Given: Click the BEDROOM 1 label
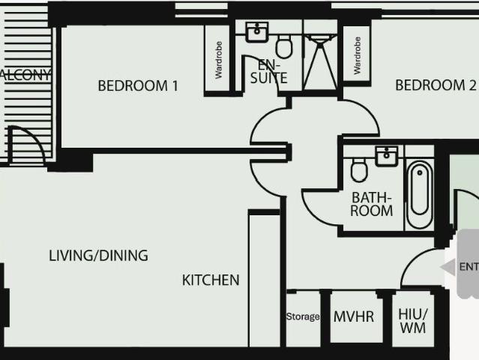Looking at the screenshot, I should coord(138,85).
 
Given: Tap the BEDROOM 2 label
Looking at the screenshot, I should coord(436,85).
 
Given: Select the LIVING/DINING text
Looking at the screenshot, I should coord(98,256).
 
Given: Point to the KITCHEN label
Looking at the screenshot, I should coord(211,280).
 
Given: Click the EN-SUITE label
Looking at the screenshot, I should coord(264,70).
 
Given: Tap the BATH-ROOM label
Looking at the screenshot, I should coord(372,204).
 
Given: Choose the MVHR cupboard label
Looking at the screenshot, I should coord(353,316).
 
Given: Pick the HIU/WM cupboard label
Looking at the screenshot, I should coord(412,320).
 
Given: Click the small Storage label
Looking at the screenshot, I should coord(303,316).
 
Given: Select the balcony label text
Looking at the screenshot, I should coord(25,75).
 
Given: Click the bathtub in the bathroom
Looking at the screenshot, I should coord(418,194).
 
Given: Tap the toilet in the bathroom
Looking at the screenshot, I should coord(359,171).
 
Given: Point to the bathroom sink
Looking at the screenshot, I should coord(388,155).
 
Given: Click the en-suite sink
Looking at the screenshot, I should coord(257,31).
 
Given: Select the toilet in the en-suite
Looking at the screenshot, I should coord(284,44).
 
